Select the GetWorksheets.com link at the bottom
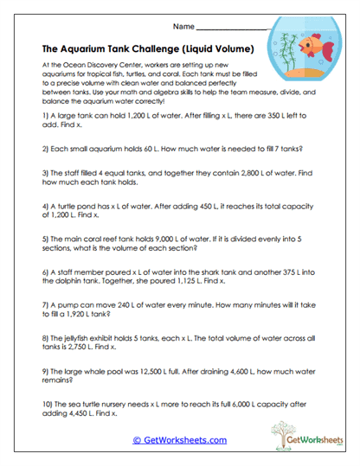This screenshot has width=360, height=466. pyautogui.click(x=179, y=440)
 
